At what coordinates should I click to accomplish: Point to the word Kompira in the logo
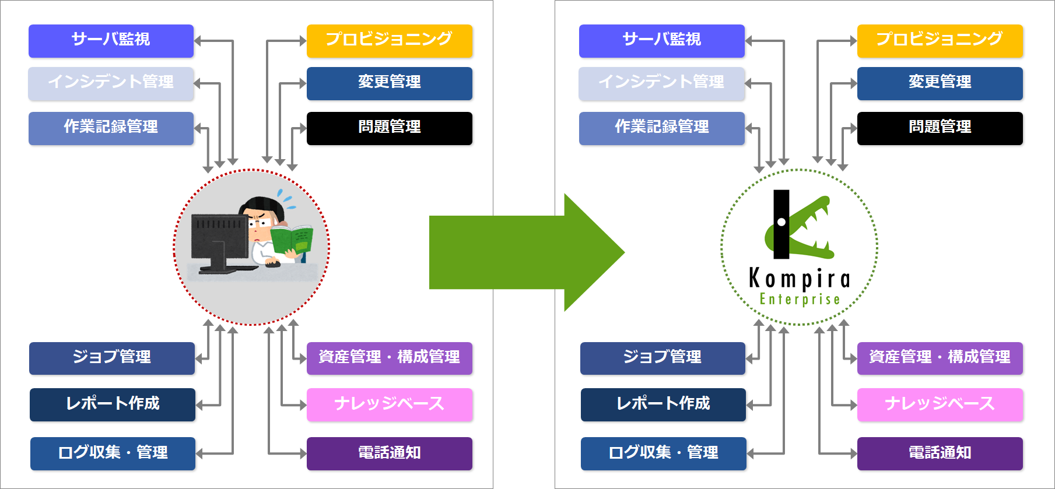[x=800, y=279]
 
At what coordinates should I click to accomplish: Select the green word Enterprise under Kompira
[x=800, y=299]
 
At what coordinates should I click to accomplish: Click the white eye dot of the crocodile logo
[x=781, y=221]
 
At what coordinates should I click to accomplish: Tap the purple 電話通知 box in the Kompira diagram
[x=940, y=453]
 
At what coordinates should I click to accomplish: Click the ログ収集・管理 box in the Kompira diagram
[x=664, y=453]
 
